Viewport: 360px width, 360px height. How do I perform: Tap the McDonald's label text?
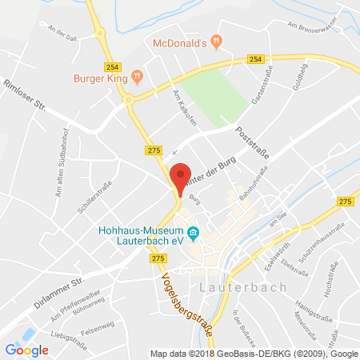coord(181,42)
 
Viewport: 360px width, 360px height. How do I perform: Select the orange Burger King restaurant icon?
coord(137,77)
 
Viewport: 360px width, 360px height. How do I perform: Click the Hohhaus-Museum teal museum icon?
coord(194,233)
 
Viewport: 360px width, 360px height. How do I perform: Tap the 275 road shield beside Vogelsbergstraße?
coord(158,258)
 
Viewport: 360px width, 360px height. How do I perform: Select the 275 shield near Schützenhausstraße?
coord(346,202)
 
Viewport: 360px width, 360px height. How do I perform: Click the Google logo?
coord(26,349)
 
